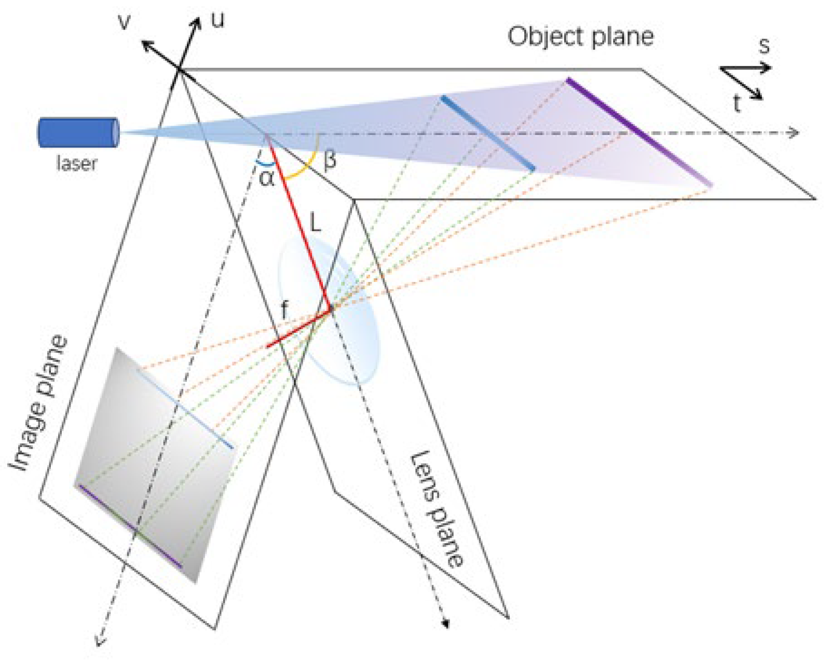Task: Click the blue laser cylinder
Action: (78, 133)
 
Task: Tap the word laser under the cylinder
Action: (76, 164)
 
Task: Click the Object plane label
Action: (580, 37)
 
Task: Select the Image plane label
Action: (39, 404)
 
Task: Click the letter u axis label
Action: (218, 20)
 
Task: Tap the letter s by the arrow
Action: (764, 46)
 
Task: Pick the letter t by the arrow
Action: (736, 104)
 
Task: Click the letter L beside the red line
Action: (315, 223)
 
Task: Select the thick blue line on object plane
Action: (487, 133)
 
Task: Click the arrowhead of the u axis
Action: (197, 22)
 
